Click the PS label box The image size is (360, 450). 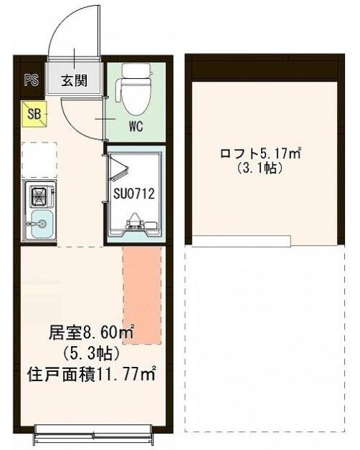pos(31,80)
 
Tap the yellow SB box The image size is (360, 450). pos(34,112)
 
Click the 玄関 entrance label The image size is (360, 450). pos(74,80)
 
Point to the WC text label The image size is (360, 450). pos(136,129)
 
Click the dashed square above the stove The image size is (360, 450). pos(39,159)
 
